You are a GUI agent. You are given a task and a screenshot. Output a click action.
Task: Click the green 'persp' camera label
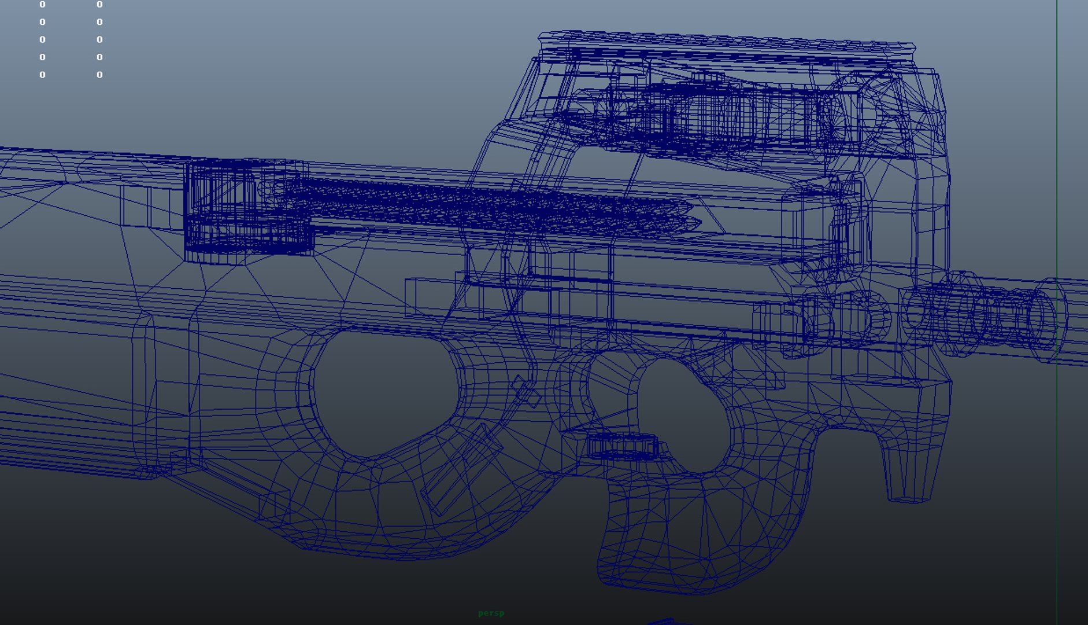(491, 613)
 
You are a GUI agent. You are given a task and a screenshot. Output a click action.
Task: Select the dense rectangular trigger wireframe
(623, 447)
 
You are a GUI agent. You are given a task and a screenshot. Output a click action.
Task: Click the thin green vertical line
(1057, 174)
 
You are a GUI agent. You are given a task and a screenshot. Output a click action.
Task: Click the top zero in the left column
(42, 5)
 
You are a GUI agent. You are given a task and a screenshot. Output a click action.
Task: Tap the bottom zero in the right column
(99, 75)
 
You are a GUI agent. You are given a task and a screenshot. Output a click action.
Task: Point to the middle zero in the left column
(42, 39)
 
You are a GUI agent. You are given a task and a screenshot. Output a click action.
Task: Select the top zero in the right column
(99, 5)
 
